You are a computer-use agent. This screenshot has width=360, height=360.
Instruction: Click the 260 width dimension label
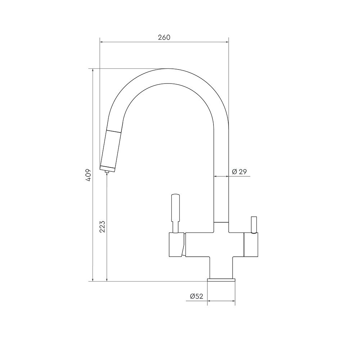click(164, 37)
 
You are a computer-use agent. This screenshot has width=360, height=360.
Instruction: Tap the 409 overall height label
click(89, 175)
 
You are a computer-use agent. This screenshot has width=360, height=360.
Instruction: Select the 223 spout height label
click(102, 226)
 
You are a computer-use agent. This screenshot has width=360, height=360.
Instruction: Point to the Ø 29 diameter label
click(239, 172)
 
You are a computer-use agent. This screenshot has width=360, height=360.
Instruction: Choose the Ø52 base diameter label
click(197, 296)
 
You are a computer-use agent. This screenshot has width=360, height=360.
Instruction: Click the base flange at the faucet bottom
click(221, 280)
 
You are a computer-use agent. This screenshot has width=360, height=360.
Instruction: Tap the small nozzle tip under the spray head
click(107, 171)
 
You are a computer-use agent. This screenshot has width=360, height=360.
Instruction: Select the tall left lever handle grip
click(175, 208)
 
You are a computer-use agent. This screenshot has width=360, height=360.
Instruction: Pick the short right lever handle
click(254, 225)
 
